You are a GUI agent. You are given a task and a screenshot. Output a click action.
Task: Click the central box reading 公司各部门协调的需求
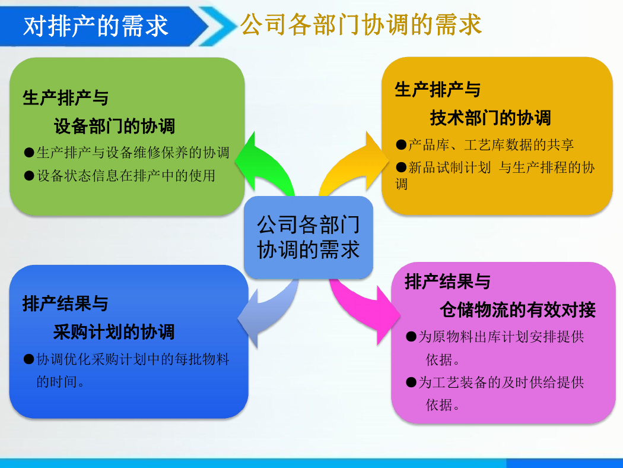click(x=309, y=238)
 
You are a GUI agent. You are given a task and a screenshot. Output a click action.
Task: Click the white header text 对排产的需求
click(x=96, y=26)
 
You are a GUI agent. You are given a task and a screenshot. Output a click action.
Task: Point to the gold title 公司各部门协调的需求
click(x=361, y=25)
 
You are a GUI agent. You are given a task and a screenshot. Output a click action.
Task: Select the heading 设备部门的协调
click(x=115, y=126)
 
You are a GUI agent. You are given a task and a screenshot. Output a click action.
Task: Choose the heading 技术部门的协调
click(x=490, y=118)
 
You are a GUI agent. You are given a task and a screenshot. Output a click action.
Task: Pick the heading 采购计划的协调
click(x=114, y=331)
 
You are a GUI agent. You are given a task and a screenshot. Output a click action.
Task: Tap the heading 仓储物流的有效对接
click(x=518, y=310)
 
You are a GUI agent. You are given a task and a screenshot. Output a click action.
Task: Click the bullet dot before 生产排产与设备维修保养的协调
click(x=29, y=153)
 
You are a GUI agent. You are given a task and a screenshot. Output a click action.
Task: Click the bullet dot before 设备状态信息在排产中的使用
click(x=29, y=176)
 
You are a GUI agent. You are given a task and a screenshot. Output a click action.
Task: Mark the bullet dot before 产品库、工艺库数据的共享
click(x=401, y=145)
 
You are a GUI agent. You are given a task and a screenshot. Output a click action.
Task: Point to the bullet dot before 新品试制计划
click(x=401, y=167)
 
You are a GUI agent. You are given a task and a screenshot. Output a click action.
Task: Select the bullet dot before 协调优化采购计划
click(x=28, y=359)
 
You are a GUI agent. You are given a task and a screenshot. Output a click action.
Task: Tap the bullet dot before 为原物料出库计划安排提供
click(x=411, y=337)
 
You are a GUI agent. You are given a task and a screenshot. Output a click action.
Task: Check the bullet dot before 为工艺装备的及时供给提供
click(x=411, y=382)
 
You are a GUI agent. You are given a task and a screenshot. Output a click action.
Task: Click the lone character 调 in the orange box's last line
click(x=401, y=184)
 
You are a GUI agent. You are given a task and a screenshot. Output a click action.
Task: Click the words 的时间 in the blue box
click(x=57, y=382)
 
